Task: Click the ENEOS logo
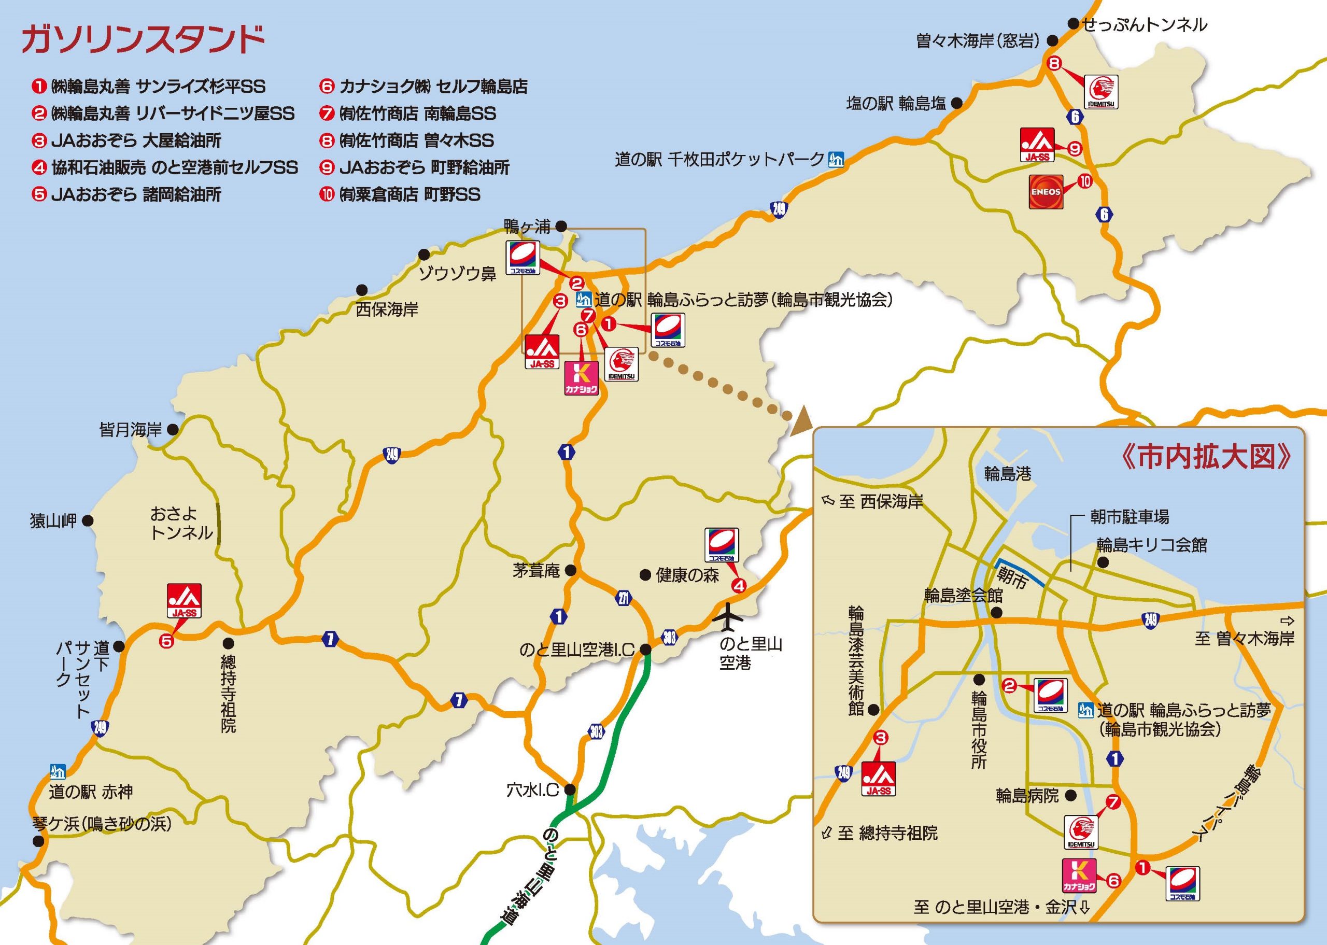[1046, 191]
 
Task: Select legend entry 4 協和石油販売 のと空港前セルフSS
[165, 167]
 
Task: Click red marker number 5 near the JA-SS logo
[167, 641]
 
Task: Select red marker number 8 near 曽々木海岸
[1055, 63]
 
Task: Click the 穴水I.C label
[532, 789]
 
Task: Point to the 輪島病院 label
[1027, 796]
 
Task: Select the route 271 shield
[624, 598]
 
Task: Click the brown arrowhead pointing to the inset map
[802, 418]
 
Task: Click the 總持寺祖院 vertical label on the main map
[228, 694]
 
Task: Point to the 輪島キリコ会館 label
[1152, 545]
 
